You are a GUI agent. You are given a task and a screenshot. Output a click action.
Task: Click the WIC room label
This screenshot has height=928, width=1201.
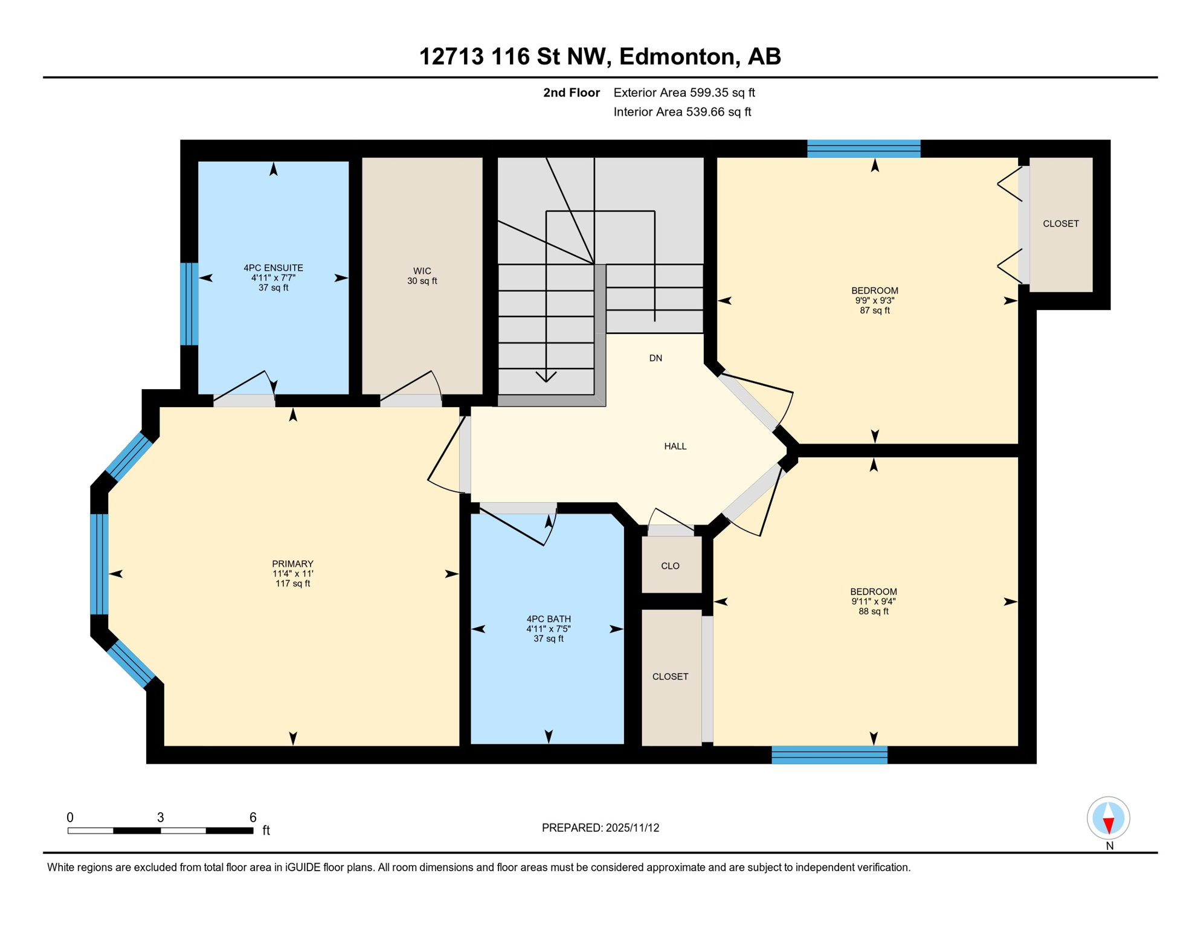pos(422,271)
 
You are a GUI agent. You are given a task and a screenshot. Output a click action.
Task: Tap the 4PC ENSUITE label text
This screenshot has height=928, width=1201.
pos(273,268)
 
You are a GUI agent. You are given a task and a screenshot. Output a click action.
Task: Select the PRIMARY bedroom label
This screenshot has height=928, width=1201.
pos(292,564)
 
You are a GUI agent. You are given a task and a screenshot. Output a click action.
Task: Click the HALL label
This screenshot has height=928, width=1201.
pos(675,446)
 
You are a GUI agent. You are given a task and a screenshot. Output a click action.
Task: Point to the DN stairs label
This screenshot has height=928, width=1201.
pos(655,358)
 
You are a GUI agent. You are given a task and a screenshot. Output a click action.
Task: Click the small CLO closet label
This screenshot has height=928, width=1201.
pos(670,566)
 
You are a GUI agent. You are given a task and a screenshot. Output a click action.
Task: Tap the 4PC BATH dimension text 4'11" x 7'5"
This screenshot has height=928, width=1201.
pos(548,629)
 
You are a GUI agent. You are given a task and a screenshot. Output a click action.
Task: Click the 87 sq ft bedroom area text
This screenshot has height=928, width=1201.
pos(874,311)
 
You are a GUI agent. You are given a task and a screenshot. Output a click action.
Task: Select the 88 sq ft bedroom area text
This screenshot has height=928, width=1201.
pos(873,611)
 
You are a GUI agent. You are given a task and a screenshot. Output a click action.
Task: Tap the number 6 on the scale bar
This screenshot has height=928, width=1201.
pos(253,817)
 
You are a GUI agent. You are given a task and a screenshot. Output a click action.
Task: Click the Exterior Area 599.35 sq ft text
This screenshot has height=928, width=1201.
pos(684,92)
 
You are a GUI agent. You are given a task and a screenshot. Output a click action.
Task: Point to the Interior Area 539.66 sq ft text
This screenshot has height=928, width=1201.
pos(682,112)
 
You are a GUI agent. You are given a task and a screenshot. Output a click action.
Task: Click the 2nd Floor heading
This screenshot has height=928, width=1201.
pos(571,92)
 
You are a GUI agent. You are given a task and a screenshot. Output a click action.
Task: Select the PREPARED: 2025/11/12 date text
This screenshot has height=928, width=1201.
pos(600,828)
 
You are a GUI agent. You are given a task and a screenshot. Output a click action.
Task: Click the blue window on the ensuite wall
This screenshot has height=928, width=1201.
pos(189,304)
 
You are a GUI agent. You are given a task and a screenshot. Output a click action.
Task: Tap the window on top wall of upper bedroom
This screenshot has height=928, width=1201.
pos(863,149)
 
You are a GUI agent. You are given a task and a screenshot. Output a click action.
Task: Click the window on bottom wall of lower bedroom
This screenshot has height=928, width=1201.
pos(829,755)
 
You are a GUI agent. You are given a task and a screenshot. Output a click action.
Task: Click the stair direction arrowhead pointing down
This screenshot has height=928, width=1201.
pos(546,377)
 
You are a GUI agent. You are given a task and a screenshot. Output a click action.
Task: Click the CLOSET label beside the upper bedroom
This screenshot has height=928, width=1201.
pos(1060,224)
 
